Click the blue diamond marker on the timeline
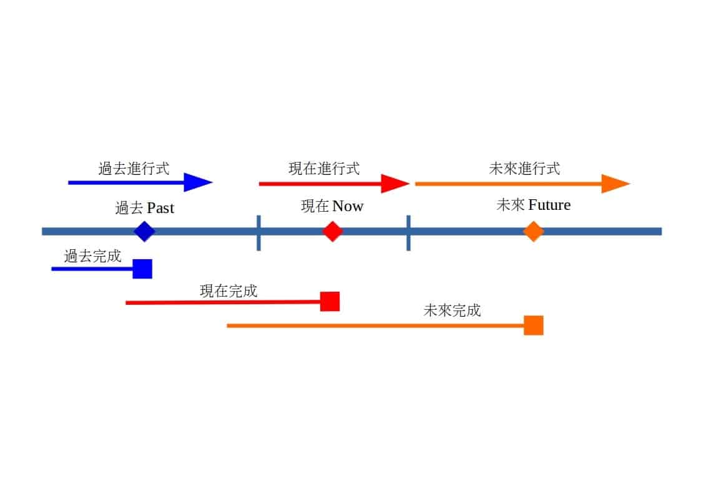coord(144,232)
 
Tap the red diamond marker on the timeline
coord(333,231)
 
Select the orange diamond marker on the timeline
coord(533,231)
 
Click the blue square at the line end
coord(142,269)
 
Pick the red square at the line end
coord(330,301)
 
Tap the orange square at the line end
coord(533,325)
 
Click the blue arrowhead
coord(199,182)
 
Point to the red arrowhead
coord(395,184)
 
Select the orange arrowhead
coord(615,184)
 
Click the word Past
coord(160,208)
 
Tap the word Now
coord(348,206)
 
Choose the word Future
coord(549,205)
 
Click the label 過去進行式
coord(134,168)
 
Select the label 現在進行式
coord(324,168)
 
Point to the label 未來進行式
coord(524,168)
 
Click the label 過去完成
coord(92,255)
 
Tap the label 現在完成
coord(228,290)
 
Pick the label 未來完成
coord(452,310)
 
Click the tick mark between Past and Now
coord(258,232)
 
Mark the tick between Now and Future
coord(408,232)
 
